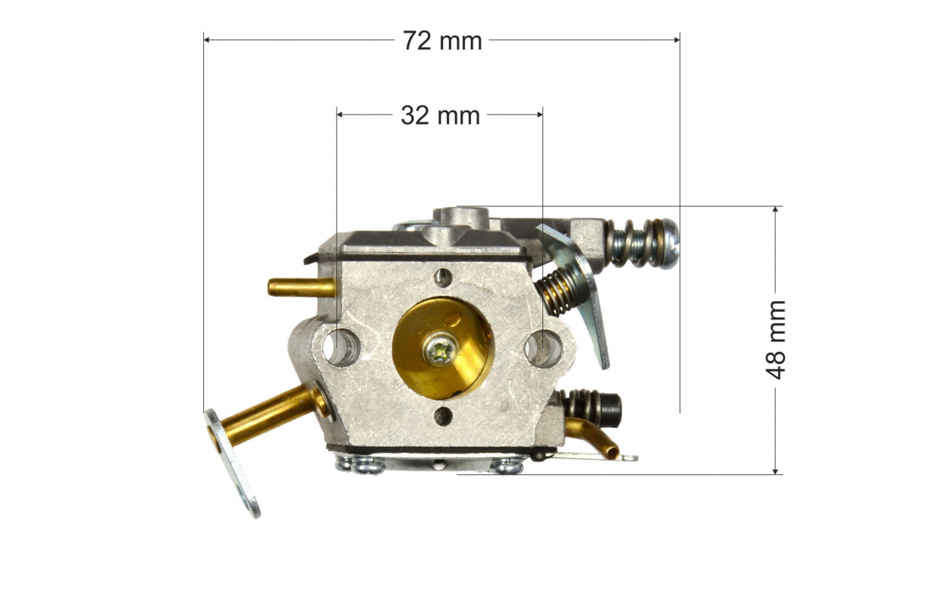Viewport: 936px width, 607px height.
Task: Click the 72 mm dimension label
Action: pos(442,41)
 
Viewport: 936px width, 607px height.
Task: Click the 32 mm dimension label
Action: pos(441,115)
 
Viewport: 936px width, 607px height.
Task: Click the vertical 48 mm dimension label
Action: pos(775,340)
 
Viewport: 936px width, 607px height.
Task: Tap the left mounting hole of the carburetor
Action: pos(341,348)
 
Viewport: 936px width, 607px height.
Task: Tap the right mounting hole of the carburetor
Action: pos(543,349)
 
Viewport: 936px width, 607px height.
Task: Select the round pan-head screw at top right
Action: pos(668,244)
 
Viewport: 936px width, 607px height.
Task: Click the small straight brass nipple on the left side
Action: pos(301,288)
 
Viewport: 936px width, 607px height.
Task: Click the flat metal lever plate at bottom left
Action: pos(232,463)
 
